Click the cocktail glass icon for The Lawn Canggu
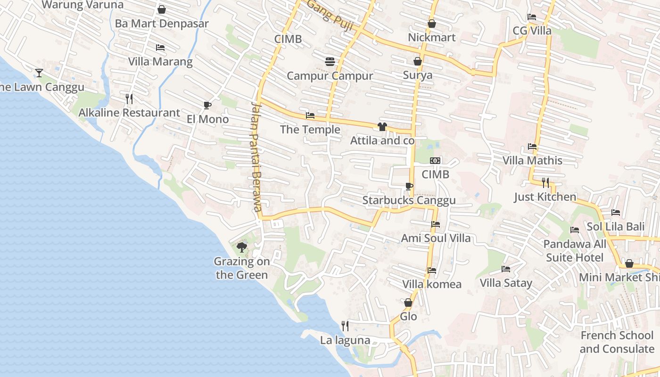click(39, 73)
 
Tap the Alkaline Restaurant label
click(129, 113)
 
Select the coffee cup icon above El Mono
click(207, 105)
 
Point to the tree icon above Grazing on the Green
click(242, 247)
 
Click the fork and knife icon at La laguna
click(345, 326)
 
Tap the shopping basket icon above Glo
click(408, 303)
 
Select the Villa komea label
click(432, 284)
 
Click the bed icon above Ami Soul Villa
click(436, 224)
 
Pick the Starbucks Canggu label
click(409, 200)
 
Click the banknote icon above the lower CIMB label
click(435, 161)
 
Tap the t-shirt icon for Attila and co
click(382, 127)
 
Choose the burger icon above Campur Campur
click(330, 62)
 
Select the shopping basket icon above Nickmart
click(431, 24)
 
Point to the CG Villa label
click(532, 31)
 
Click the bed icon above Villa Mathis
click(532, 147)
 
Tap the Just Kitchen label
click(545, 197)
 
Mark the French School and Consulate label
click(617, 342)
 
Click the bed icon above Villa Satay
click(506, 269)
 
